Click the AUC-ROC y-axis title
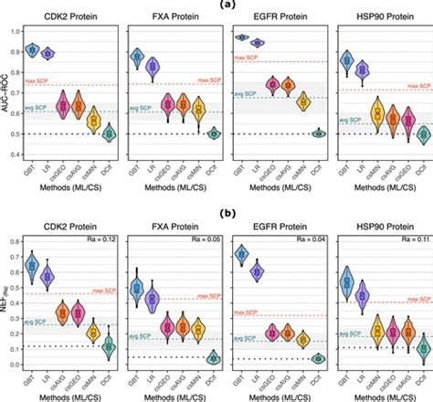click(x=7, y=91)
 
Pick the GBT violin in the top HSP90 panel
click(x=347, y=61)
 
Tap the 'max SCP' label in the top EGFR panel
click(x=245, y=58)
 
